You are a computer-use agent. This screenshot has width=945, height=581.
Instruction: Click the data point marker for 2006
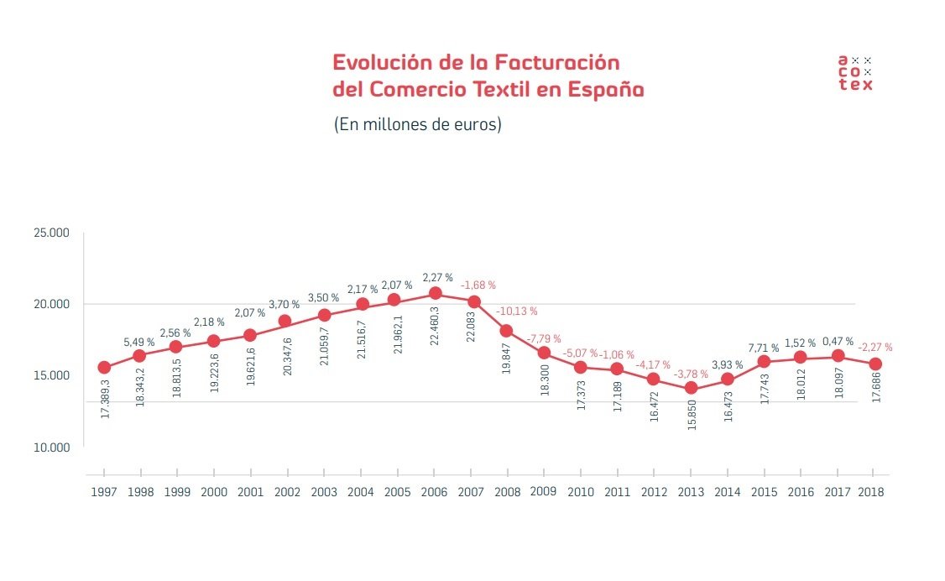pyautogui.click(x=435, y=293)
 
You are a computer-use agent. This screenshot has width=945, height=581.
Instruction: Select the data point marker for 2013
pyautogui.click(x=691, y=388)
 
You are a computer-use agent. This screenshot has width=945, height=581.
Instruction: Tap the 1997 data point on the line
pyautogui.click(x=104, y=367)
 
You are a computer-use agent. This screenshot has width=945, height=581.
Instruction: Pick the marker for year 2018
pyautogui.click(x=874, y=364)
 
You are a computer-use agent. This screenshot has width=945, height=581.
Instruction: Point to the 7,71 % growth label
pyautogui.click(x=763, y=348)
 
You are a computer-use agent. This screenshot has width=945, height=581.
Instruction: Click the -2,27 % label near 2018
pyautogui.click(x=875, y=347)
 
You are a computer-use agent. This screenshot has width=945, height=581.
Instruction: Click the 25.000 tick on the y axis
pyautogui.click(x=51, y=233)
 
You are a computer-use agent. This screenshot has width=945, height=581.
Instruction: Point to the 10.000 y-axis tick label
pyautogui.click(x=51, y=447)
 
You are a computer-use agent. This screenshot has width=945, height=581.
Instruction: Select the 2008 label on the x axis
pyautogui.click(x=508, y=493)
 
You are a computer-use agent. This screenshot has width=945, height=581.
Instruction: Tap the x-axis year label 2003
pyautogui.click(x=325, y=493)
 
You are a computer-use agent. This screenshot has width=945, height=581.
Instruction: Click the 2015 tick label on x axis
pyautogui.click(x=763, y=493)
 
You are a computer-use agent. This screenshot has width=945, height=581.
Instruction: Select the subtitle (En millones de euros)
pyautogui.click(x=417, y=124)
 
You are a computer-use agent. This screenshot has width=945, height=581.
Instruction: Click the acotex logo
pyautogui.click(x=855, y=72)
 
